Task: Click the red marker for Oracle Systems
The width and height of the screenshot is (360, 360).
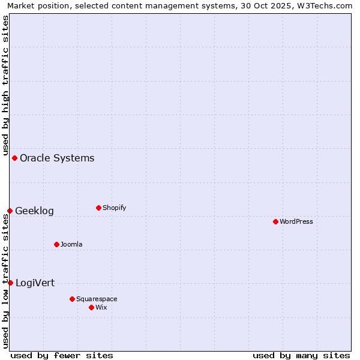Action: tap(14, 158)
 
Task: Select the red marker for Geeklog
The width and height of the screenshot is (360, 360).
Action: tap(10, 211)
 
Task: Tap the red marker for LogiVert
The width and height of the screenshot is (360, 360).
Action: tap(10, 283)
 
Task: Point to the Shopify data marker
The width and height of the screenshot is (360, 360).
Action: tap(98, 208)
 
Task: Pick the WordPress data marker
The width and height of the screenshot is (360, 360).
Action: tap(275, 221)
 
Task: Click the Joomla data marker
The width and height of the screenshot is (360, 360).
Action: tap(56, 244)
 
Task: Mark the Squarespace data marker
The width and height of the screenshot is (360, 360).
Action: tap(72, 299)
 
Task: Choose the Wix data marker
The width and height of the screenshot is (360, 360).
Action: tap(91, 307)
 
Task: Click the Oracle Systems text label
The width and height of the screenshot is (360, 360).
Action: tap(57, 158)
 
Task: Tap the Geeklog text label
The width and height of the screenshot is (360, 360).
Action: tap(34, 211)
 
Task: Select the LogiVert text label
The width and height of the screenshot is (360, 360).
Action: tap(35, 283)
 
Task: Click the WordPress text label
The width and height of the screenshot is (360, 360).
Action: tap(296, 222)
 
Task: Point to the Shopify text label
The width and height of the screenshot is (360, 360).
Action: tap(114, 208)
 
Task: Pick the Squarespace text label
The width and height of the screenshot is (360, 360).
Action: tap(97, 299)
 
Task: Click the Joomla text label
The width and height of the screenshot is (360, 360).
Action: tap(71, 245)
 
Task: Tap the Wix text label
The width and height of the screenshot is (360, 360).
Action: tap(101, 308)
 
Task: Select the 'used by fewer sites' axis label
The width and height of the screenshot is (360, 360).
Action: tap(62, 355)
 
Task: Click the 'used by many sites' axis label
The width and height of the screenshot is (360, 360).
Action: tap(301, 355)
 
